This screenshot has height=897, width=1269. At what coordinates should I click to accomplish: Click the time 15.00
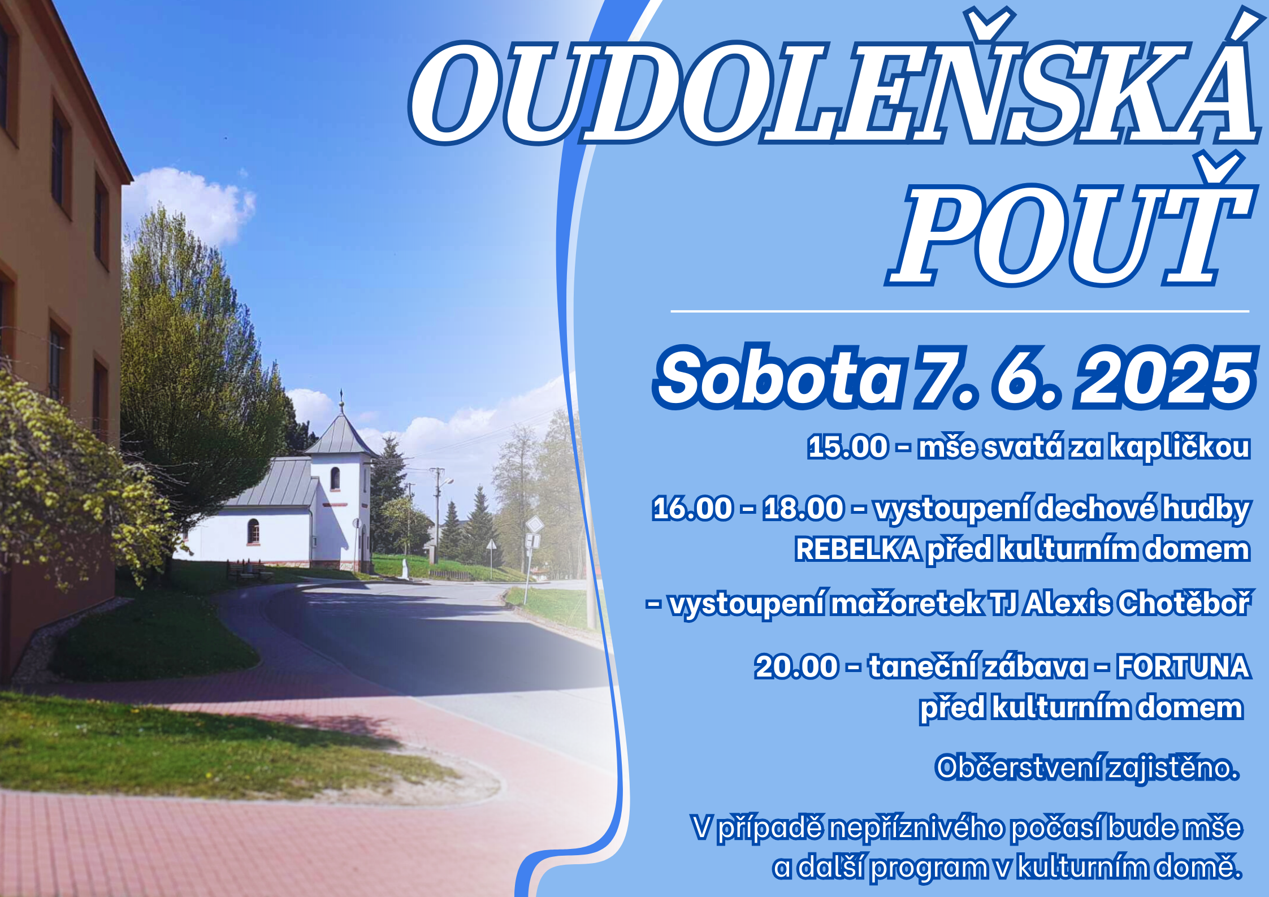848,447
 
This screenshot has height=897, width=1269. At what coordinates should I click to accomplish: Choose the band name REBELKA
857,549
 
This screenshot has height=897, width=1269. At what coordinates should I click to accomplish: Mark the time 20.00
796,666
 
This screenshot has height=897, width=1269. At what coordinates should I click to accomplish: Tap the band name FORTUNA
1183,666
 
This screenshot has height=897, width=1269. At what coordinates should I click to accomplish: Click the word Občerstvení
1017,768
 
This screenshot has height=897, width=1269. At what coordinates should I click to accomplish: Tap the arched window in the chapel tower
335,479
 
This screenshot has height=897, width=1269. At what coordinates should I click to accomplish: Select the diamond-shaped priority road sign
534,525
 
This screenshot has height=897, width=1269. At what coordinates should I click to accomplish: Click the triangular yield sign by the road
491,545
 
